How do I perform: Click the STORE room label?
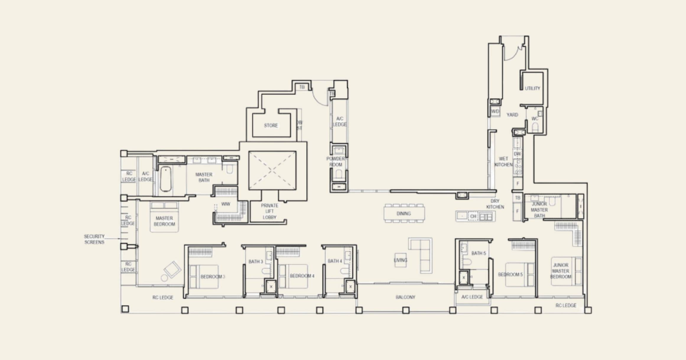271,126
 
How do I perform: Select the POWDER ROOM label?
336,162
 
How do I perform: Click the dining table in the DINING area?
405,213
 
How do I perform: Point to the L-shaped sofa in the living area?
421,255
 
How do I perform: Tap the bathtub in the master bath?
165,179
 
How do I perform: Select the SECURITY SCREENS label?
94,239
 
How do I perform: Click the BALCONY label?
405,297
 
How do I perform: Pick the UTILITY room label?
532,89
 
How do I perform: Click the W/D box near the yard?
495,111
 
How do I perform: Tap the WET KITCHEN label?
504,162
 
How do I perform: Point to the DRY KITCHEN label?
495,204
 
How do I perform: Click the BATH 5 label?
479,253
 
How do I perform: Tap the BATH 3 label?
256,261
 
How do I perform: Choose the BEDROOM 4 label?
302,276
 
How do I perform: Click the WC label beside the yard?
535,119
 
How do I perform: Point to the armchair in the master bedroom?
170,269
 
